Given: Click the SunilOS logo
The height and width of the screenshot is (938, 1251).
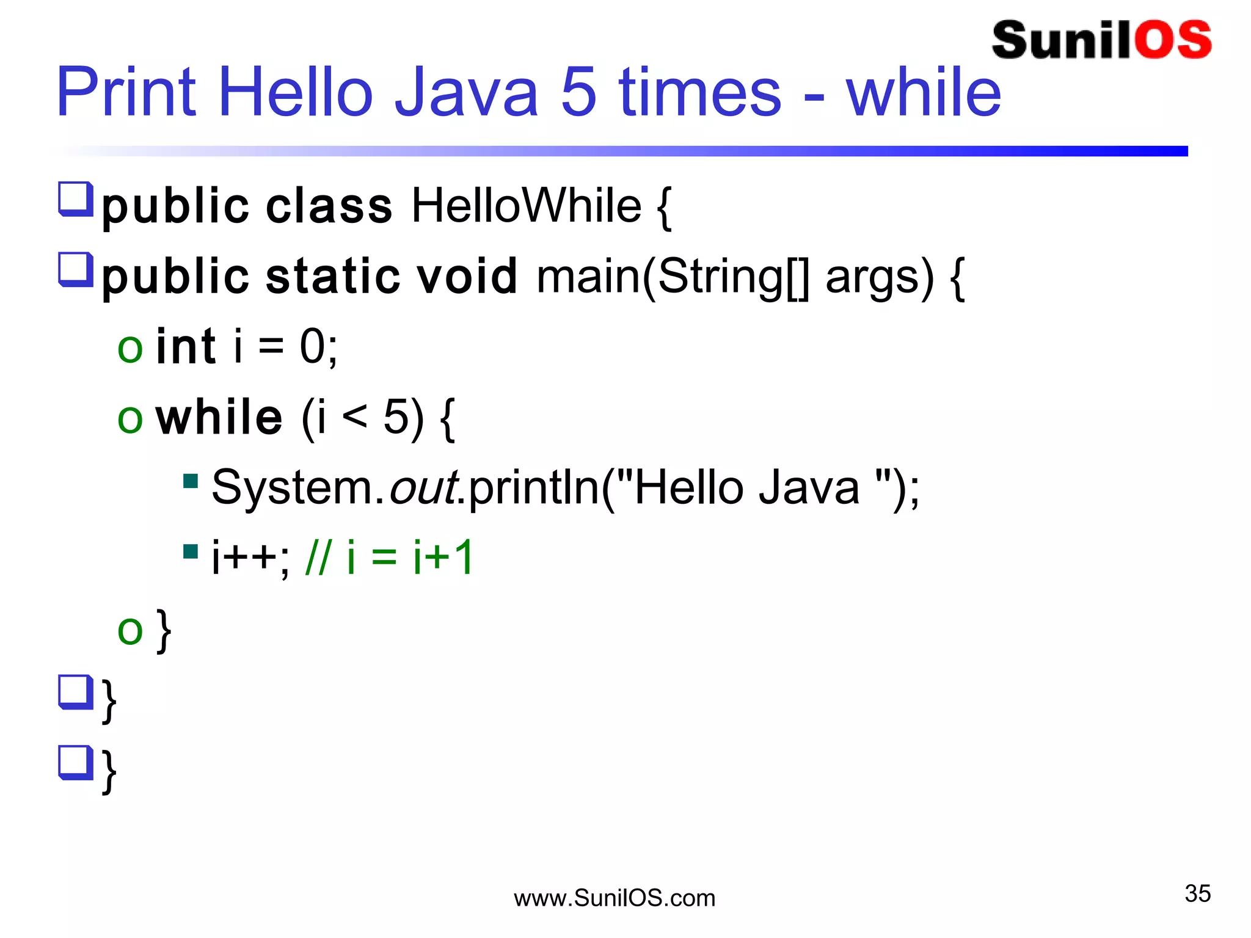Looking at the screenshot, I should tap(1101, 40).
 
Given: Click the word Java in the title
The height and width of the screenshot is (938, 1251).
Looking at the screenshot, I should tap(466, 93).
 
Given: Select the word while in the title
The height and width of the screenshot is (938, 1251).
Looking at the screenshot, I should tap(923, 93).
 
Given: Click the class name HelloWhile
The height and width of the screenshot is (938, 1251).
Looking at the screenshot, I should tap(527, 206).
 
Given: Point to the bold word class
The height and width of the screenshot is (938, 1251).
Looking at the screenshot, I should tap(329, 206).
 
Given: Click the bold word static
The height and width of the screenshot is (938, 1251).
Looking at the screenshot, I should tap(333, 277).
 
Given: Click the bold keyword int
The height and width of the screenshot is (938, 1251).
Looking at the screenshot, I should tap(186, 347).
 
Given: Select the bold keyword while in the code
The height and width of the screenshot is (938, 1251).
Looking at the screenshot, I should tap(219, 418).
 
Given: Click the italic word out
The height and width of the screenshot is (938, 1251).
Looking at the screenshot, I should tap(423, 488).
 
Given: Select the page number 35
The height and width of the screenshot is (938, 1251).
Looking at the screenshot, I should tap(1197, 893).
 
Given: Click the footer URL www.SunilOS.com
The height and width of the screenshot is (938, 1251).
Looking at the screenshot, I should tap(614, 898).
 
